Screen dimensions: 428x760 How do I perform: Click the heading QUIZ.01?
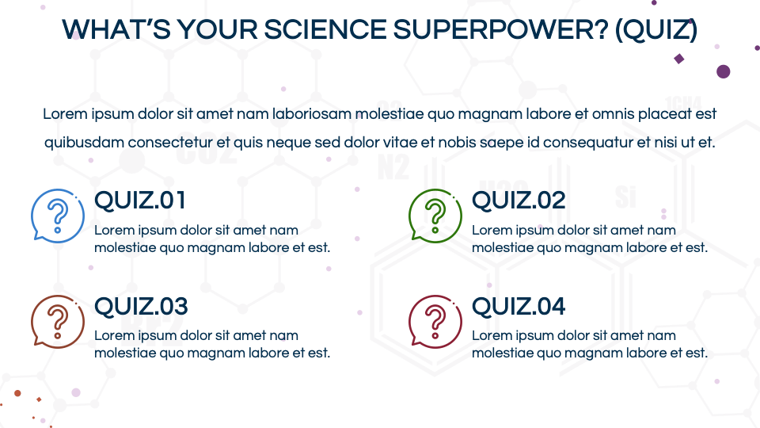pos(140,201)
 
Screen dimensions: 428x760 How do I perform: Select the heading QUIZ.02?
pos(519,201)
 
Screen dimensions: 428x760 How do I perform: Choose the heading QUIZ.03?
pos(141,306)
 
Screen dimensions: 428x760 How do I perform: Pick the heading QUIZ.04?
pos(519,306)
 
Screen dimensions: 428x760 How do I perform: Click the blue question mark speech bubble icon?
pos(57,216)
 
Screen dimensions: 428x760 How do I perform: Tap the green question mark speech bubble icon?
pos(435,216)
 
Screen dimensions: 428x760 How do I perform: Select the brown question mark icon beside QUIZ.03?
pos(57,321)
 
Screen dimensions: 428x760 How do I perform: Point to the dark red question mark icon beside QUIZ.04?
pos(435,321)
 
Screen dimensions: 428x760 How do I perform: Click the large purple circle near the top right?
pos(723,71)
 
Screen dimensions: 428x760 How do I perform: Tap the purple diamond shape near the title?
pos(678,59)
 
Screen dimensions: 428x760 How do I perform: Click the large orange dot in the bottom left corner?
pos(17,392)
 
